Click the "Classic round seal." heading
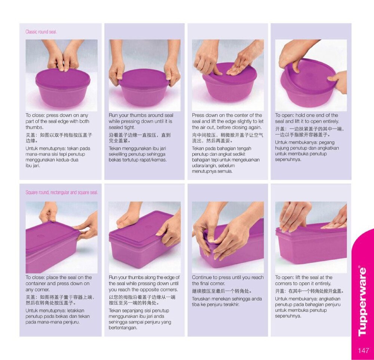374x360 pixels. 41,32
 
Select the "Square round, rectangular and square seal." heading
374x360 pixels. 62,193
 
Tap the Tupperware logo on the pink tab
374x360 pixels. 363,302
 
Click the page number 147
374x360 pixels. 363,350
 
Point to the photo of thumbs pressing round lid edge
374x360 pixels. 62,76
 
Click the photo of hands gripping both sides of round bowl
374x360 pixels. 144,76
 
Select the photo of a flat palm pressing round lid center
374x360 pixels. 228,76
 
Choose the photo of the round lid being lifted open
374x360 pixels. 311,76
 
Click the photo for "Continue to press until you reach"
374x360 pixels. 228,237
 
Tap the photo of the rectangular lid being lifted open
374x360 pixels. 311,237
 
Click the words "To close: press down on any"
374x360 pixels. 57,115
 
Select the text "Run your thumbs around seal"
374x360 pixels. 141,115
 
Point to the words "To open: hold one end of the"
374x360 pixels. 307,115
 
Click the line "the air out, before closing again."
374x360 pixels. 227,127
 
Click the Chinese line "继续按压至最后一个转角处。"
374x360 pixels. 222,291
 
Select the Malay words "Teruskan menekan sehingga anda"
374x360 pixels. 227,299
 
